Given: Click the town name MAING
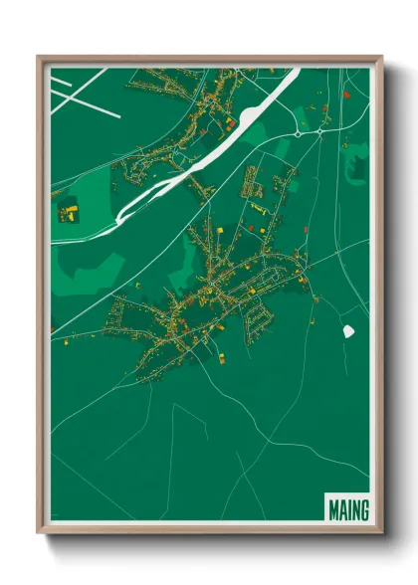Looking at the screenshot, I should (x=347, y=510).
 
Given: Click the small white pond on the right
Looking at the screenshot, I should (x=349, y=330).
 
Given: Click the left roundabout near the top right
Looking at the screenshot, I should (x=297, y=132).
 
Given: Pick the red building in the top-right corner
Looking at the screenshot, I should (x=346, y=95).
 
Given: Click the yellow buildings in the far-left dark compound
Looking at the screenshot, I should (x=71, y=210).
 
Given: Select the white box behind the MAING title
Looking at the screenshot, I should (x=347, y=508).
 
